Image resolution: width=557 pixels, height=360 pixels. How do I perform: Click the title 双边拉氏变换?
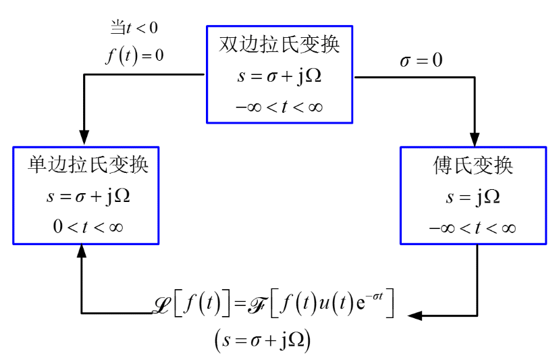point(279,45)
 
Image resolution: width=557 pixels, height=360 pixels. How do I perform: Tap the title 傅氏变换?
point(473,165)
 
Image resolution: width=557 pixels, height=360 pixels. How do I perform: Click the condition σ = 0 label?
point(421,61)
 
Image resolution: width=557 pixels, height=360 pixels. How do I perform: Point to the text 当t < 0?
point(134,28)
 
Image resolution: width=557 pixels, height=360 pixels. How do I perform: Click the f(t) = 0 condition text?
point(134,54)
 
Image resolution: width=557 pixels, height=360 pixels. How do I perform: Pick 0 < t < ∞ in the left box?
point(88,227)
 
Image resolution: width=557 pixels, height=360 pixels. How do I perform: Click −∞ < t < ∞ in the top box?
point(279,106)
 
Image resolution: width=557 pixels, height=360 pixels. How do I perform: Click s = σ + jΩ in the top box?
point(279,76)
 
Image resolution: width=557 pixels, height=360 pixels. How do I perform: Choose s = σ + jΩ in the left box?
point(88,197)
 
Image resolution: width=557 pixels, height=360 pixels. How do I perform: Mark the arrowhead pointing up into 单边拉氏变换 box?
point(82,251)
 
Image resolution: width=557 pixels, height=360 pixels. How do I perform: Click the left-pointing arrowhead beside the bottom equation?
point(415,314)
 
